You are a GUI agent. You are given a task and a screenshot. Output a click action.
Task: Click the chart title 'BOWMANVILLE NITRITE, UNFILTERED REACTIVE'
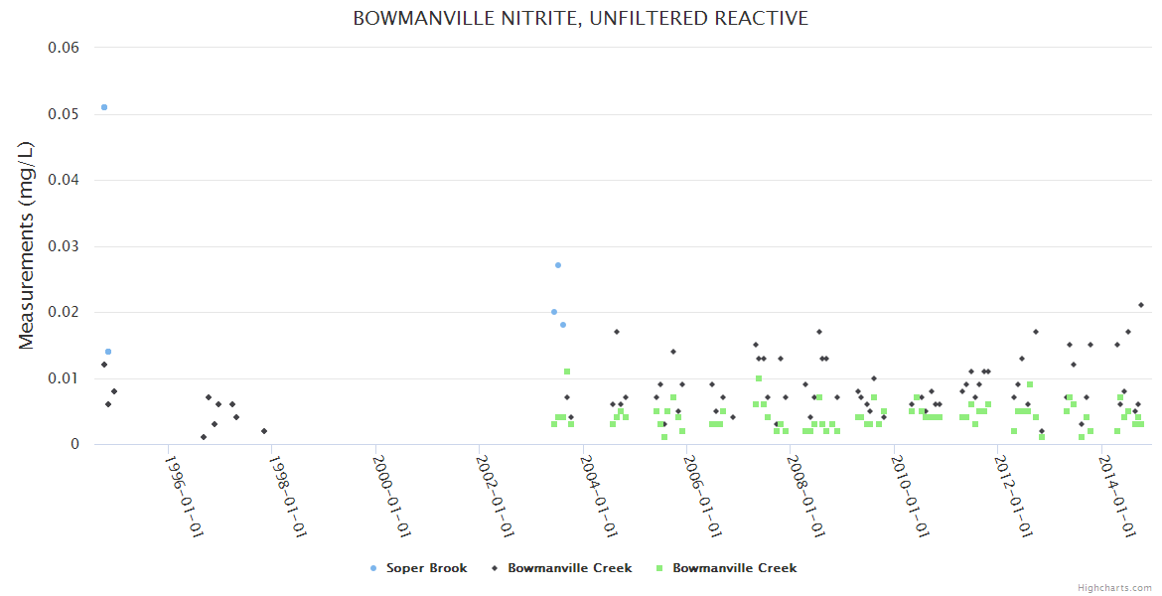pyautogui.click(x=580, y=19)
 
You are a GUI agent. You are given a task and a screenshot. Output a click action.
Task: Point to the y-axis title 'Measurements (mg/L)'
pyautogui.click(x=27, y=245)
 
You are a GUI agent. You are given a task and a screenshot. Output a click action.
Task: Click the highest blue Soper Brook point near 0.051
pyautogui.click(x=104, y=107)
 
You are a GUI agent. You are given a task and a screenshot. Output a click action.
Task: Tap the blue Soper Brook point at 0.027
pyautogui.click(x=558, y=265)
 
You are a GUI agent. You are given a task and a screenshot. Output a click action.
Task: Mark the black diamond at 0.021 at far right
pyautogui.click(x=1141, y=305)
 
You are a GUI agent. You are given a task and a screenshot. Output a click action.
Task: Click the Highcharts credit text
pyautogui.click(x=1114, y=588)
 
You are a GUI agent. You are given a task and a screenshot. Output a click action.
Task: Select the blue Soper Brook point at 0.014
pyautogui.click(x=108, y=352)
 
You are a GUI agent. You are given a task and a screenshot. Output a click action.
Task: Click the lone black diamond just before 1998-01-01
pyautogui.click(x=264, y=431)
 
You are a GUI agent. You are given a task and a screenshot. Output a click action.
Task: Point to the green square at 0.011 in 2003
pyautogui.click(x=567, y=372)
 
